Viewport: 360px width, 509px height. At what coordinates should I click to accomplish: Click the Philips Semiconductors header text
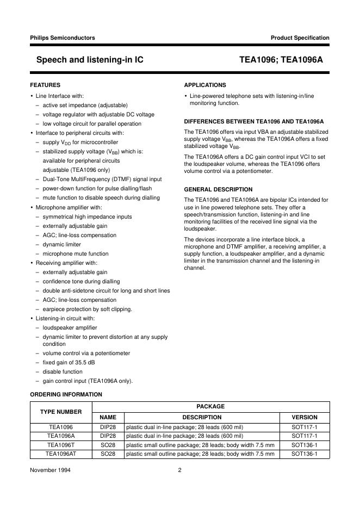[x=63, y=38]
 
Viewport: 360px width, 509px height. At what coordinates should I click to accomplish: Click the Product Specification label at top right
[x=300, y=38]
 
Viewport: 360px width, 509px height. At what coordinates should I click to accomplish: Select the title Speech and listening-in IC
[x=90, y=61]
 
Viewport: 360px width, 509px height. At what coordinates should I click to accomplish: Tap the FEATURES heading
[x=45, y=85]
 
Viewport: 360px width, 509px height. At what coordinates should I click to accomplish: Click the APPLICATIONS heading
[x=205, y=85]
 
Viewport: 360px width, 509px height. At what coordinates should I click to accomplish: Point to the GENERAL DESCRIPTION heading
[x=218, y=189]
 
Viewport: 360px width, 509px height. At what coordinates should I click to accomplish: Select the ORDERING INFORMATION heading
[x=66, y=394]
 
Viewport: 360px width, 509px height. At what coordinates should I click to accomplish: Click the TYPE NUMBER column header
[x=61, y=412]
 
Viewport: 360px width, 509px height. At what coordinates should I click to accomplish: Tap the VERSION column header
[x=305, y=417]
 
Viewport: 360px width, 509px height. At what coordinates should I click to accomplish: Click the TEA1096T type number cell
[x=61, y=445]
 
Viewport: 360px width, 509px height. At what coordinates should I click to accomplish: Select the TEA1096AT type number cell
[x=61, y=454]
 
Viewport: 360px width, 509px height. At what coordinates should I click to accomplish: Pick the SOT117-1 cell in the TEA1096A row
[x=305, y=436]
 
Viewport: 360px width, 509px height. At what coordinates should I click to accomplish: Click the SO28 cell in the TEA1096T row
[x=108, y=445]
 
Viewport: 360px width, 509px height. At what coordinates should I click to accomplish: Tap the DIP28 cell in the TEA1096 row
[x=108, y=427]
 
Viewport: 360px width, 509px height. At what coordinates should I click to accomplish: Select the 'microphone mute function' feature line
[x=76, y=253]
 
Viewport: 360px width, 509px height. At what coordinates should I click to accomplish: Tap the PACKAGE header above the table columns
[x=210, y=406]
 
